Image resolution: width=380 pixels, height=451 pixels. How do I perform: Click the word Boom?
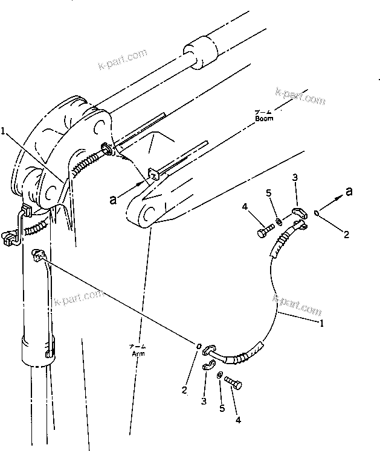(x=263, y=118)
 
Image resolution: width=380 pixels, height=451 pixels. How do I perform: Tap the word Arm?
(x=138, y=353)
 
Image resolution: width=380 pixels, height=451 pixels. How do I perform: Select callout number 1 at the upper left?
(x=4, y=130)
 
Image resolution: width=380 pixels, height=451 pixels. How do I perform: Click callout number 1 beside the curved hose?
(x=321, y=323)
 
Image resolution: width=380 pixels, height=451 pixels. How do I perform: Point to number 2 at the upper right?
(x=346, y=235)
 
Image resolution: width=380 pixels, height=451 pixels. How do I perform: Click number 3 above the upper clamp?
(x=294, y=177)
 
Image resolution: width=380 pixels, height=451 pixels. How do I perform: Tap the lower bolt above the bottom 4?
(x=233, y=382)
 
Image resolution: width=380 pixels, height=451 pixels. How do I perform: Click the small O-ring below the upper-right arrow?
(x=317, y=212)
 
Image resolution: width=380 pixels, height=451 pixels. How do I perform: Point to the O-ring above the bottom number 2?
(x=199, y=346)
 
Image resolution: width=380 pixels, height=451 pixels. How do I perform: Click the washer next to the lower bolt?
(x=218, y=376)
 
